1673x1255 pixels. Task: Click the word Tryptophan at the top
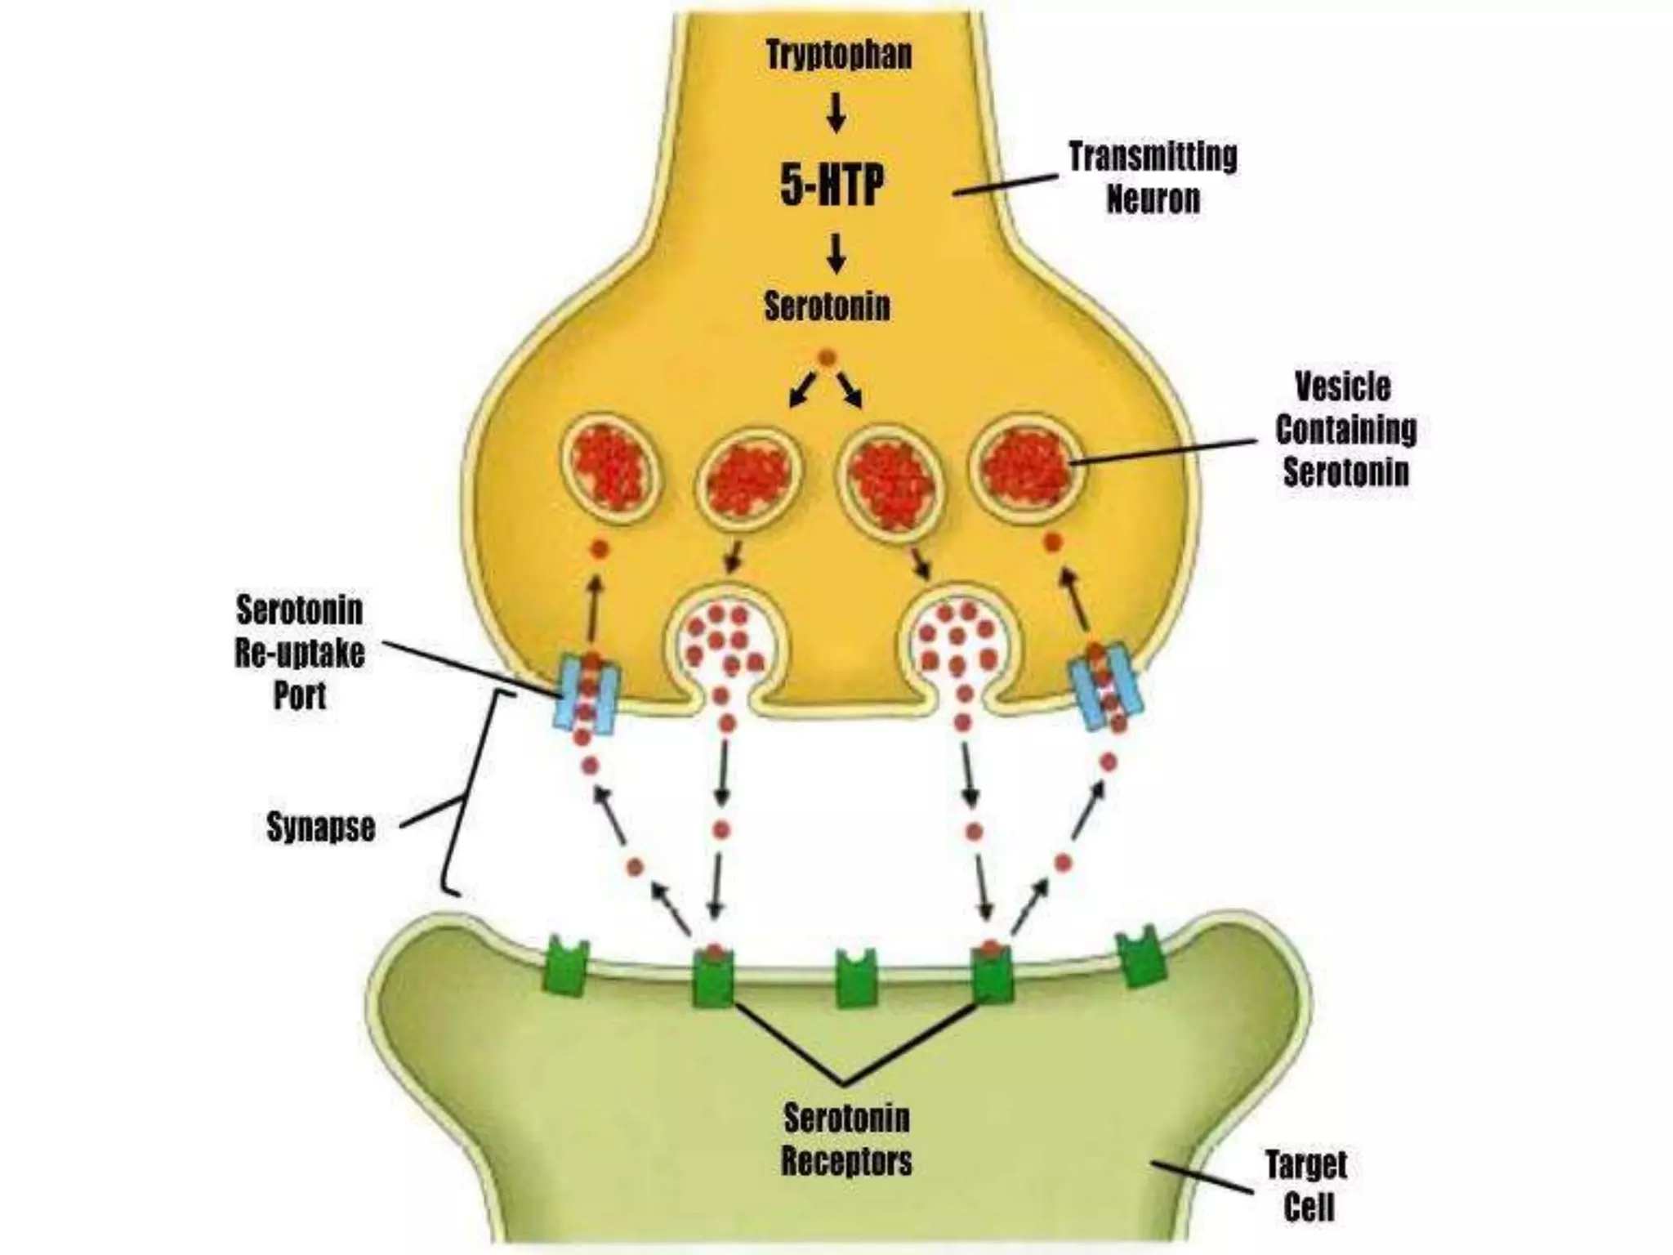[x=839, y=56]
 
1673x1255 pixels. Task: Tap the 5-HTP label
[x=832, y=186]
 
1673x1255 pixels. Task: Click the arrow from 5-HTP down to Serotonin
[x=835, y=253]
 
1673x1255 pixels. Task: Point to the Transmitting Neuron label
[x=1153, y=177]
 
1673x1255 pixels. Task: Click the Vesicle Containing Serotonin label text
[x=1345, y=430]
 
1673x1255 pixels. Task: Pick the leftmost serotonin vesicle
[x=609, y=467]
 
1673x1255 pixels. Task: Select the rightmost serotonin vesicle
[x=1028, y=467]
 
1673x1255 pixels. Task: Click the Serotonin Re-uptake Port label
[x=300, y=652]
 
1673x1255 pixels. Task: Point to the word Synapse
[x=321, y=827]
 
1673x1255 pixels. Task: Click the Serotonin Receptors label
[x=846, y=1139]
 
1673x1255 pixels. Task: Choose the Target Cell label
[x=1306, y=1186]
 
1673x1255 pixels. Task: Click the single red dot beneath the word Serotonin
[x=827, y=357]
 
